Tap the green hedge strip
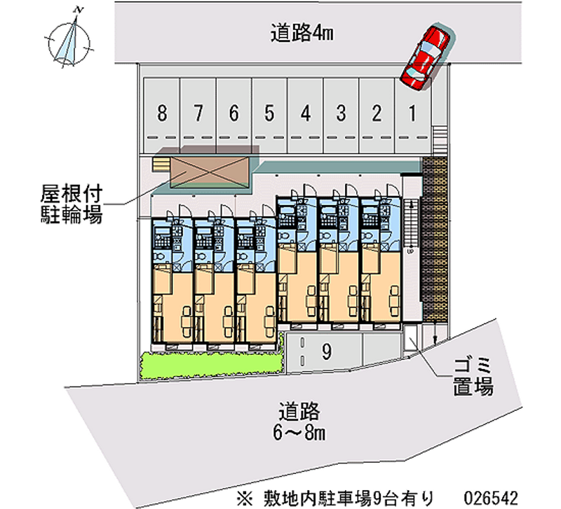pyautogui.click(x=210, y=363)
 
